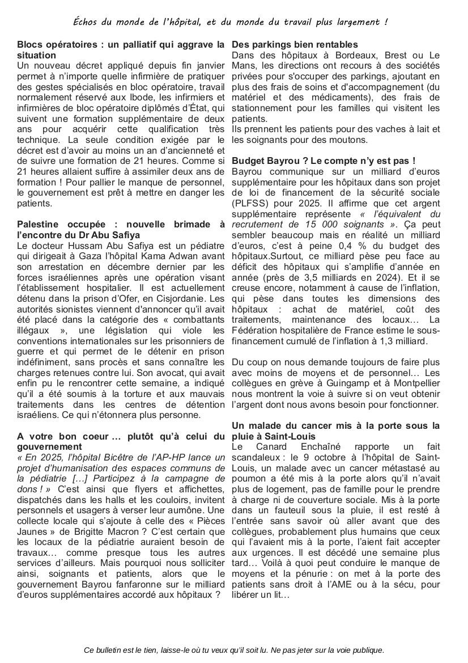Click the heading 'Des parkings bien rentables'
[295, 44]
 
